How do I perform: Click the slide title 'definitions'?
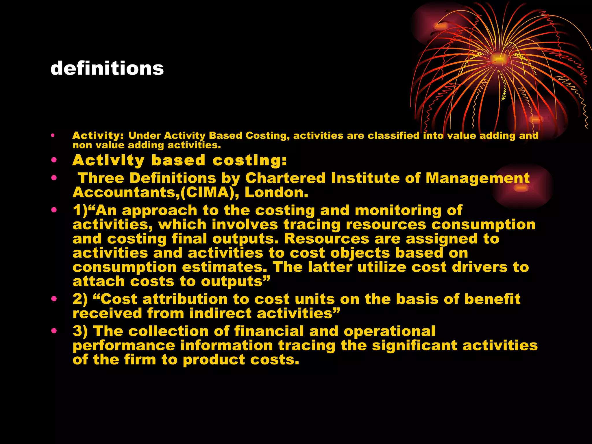107,68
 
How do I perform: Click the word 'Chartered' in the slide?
285,178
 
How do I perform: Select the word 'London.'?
276,193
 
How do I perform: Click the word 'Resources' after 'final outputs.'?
327,239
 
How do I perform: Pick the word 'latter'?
330,267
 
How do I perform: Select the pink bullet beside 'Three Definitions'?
54,178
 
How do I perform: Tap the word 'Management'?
478,178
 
